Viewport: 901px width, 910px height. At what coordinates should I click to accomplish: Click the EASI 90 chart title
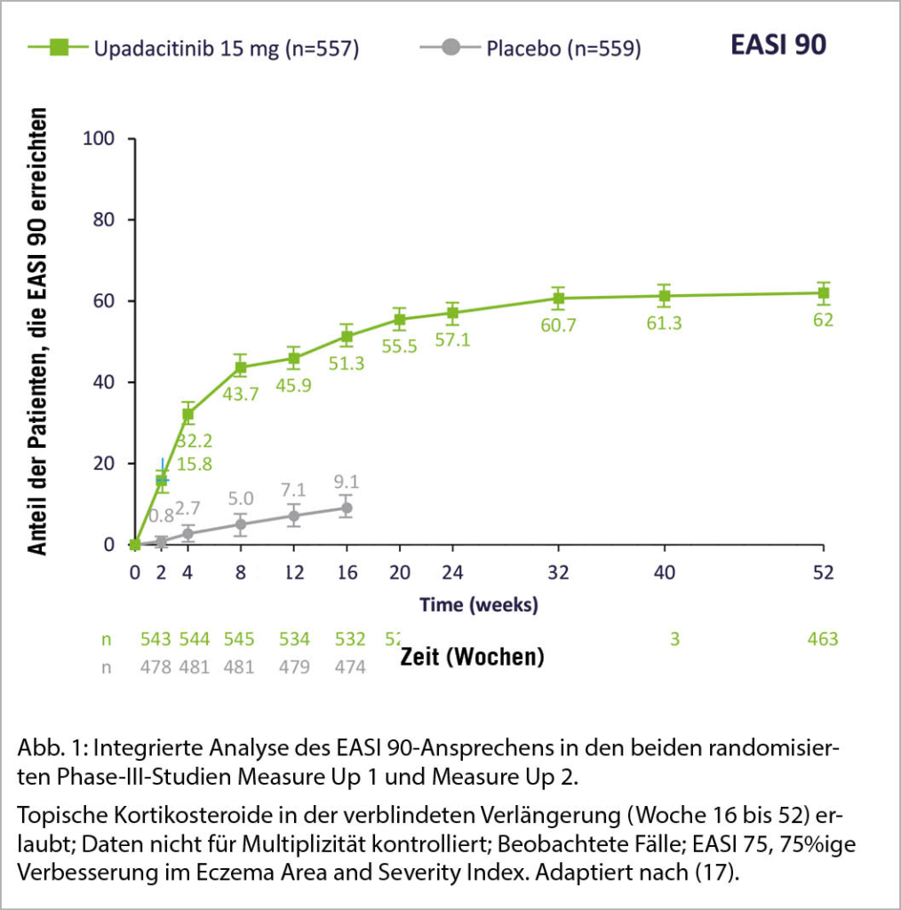pyautogui.click(x=777, y=44)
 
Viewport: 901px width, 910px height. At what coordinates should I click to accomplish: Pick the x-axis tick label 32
pyautogui.click(x=559, y=573)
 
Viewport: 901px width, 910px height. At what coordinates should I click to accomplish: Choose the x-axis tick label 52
pyautogui.click(x=824, y=573)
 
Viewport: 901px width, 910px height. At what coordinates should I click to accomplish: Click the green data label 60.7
pyautogui.click(x=558, y=325)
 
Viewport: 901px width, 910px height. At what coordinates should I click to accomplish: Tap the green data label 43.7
pyautogui.click(x=240, y=394)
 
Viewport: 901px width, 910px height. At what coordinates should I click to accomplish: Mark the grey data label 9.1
pyautogui.click(x=347, y=482)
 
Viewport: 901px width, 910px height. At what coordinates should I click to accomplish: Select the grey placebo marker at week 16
pyautogui.click(x=347, y=507)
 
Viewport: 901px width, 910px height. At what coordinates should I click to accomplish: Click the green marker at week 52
pyautogui.click(x=824, y=293)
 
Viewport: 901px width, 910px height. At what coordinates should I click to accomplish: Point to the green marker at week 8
pyautogui.click(x=240, y=367)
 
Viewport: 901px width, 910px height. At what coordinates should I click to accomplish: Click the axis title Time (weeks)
pyautogui.click(x=479, y=605)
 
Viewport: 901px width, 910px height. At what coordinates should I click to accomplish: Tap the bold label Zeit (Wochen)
pyautogui.click(x=471, y=658)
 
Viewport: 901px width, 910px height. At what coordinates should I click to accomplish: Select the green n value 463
pyautogui.click(x=823, y=639)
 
